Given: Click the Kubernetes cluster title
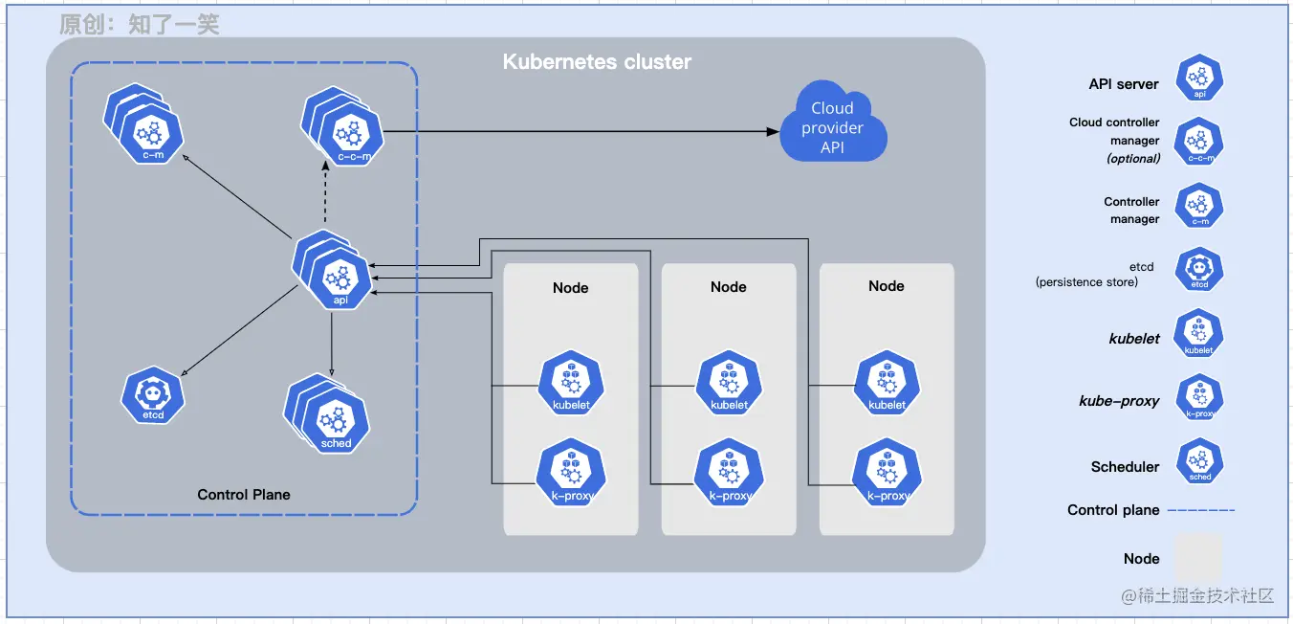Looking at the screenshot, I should coord(597,62).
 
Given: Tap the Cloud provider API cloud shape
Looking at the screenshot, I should coord(832,127).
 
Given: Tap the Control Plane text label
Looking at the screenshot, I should coord(244,495).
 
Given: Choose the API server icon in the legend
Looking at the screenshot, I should coord(1199,78).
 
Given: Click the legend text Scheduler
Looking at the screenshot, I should coord(1125,467).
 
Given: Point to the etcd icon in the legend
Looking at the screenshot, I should coord(1199,269).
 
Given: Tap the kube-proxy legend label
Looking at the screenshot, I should coord(1119,401).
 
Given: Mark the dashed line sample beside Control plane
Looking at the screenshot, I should coord(1201,510).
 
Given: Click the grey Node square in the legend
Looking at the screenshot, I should coord(1198,557).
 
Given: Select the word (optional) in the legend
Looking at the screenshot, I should coord(1133,159).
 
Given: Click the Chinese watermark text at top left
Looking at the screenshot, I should coord(140,24).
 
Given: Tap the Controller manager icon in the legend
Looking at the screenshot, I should coord(1199,206).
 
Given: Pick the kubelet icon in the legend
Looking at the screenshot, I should coord(1199,334).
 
